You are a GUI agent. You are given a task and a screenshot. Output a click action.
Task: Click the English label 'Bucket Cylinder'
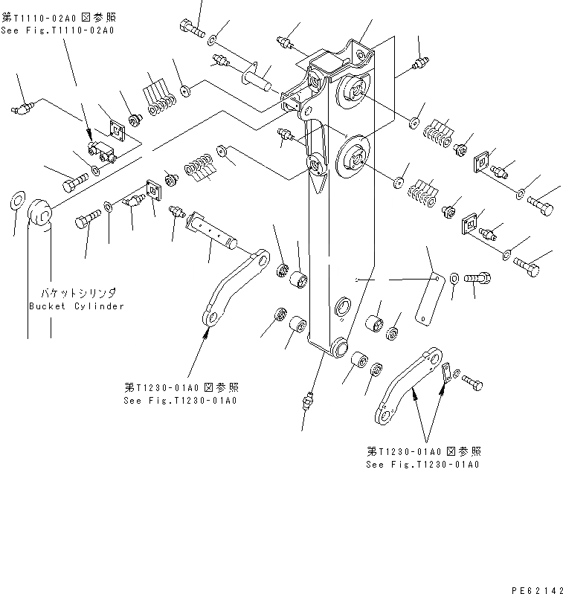coord(76,306)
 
